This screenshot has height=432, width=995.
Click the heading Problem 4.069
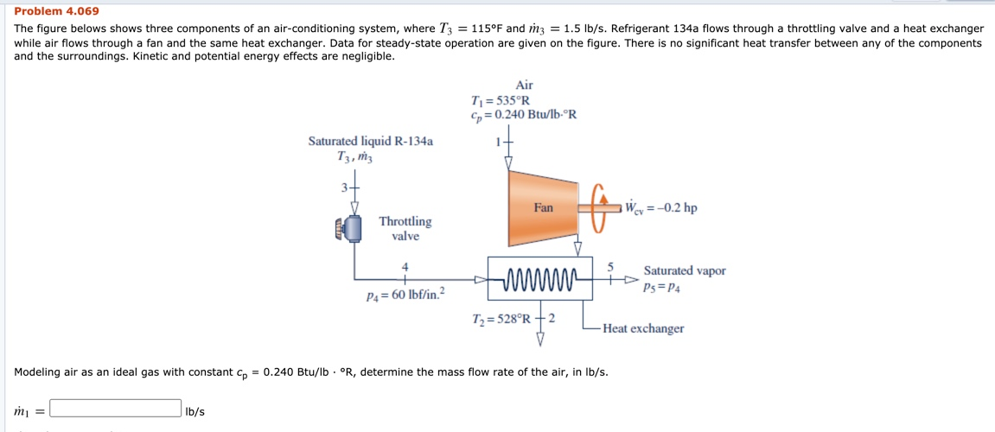(x=56, y=11)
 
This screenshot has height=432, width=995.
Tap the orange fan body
(x=542, y=208)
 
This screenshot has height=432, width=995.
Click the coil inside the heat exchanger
(x=540, y=279)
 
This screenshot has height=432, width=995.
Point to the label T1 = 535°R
(x=501, y=99)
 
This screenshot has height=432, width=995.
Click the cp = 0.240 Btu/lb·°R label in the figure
(x=523, y=114)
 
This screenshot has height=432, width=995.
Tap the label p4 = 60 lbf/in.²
(x=405, y=295)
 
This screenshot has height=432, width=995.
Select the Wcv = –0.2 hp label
(x=661, y=208)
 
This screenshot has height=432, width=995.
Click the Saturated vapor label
(x=684, y=270)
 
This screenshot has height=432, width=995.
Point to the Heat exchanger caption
(x=643, y=328)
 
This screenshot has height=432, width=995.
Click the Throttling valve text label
(x=405, y=229)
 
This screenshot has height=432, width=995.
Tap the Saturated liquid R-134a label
(x=371, y=141)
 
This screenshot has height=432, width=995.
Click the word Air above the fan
(x=524, y=85)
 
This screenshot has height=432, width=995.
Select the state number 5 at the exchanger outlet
(x=610, y=265)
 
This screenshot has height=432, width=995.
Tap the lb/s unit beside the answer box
(x=195, y=410)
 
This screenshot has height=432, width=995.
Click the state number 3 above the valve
(x=344, y=187)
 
